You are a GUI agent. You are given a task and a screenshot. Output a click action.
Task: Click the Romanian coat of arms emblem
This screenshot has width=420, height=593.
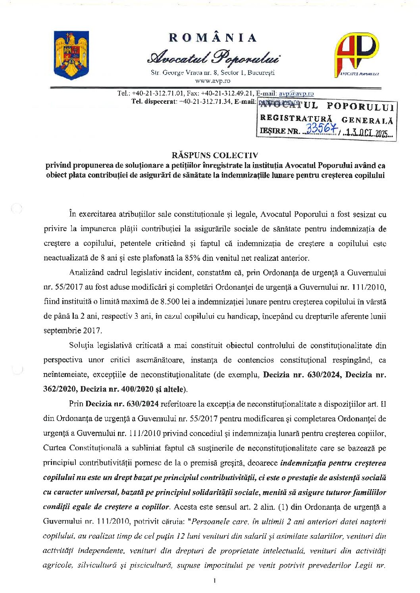[x=71, y=55]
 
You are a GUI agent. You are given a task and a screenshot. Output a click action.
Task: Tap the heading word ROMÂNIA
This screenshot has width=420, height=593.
[x=213, y=38]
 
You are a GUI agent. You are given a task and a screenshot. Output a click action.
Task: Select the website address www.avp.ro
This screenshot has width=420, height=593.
[x=213, y=81]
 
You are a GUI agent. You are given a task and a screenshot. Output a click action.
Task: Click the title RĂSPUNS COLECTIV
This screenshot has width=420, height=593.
[x=215, y=155]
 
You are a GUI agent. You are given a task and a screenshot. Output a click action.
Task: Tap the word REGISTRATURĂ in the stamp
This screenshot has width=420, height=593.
[x=296, y=118]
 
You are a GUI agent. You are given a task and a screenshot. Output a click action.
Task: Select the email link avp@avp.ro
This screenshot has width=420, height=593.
[x=296, y=94]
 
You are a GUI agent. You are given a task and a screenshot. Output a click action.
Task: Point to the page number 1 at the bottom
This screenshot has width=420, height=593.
[x=214, y=581]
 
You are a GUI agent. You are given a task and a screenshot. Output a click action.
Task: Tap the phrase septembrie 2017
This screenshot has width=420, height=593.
[x=73, y=331]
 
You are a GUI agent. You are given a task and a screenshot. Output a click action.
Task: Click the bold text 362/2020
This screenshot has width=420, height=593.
[x=60, y=389]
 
